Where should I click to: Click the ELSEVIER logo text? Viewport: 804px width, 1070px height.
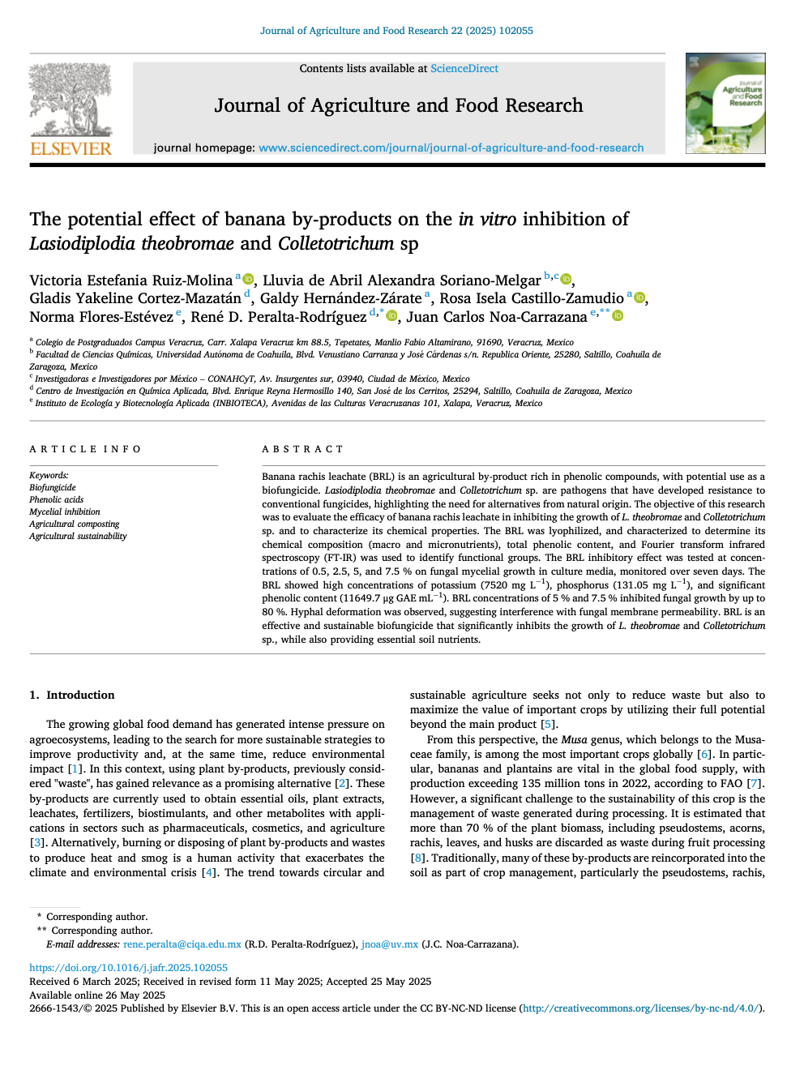71,148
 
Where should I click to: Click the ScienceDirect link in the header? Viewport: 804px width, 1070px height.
464,69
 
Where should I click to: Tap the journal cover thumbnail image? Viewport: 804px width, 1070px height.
725,104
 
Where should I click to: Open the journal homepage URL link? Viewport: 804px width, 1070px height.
451,148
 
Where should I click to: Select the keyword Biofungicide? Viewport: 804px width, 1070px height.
53,487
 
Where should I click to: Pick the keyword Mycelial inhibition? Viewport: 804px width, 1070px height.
65,511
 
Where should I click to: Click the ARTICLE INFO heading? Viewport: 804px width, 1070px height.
85,449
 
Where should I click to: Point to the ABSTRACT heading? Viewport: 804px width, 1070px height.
302,449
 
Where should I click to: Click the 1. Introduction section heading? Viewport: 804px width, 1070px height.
72,695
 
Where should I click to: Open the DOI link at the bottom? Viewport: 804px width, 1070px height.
128,967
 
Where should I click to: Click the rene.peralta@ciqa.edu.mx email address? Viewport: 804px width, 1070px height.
182,944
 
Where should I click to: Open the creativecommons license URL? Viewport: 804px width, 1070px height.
641,1008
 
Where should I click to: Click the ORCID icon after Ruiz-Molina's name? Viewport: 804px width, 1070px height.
249,279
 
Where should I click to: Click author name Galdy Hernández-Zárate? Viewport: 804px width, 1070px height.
340,298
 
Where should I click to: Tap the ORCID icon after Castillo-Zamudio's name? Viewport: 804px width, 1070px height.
639,297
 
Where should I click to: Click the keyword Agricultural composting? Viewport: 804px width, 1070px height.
75,524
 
